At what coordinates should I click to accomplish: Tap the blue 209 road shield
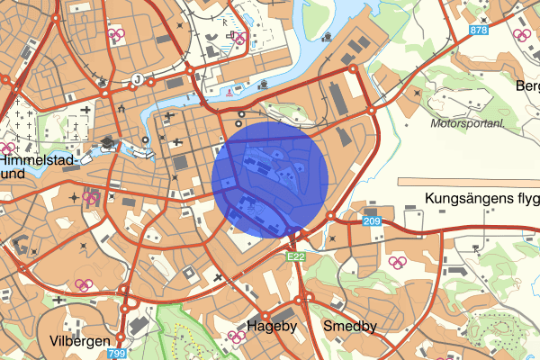(x=373, y=221)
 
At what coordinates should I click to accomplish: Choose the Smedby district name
(x=349, y=326)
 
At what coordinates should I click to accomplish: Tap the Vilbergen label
(x=80, y=341)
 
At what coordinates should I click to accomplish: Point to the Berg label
(x=526, y=85)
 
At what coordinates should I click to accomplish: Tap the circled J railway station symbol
(x=138, y=79)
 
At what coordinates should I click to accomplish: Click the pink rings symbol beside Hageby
(x=238, y=337)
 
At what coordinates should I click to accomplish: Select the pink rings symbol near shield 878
(x=519, y=36)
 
